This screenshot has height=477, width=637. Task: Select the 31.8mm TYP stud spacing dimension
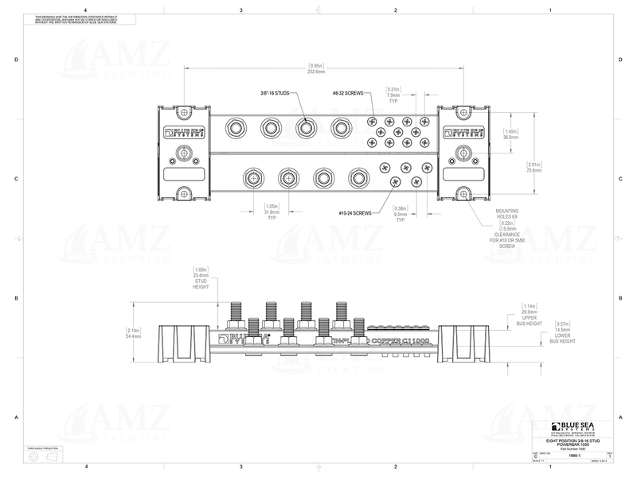pyautogui.click(x=272, y=212)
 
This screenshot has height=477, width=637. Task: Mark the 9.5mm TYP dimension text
pyautogui.click(x=401, y=215)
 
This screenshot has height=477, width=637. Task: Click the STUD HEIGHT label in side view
pyautogui.click(x=200, y=284)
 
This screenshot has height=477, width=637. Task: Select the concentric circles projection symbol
pyautogui.click(x=33, y=459)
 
